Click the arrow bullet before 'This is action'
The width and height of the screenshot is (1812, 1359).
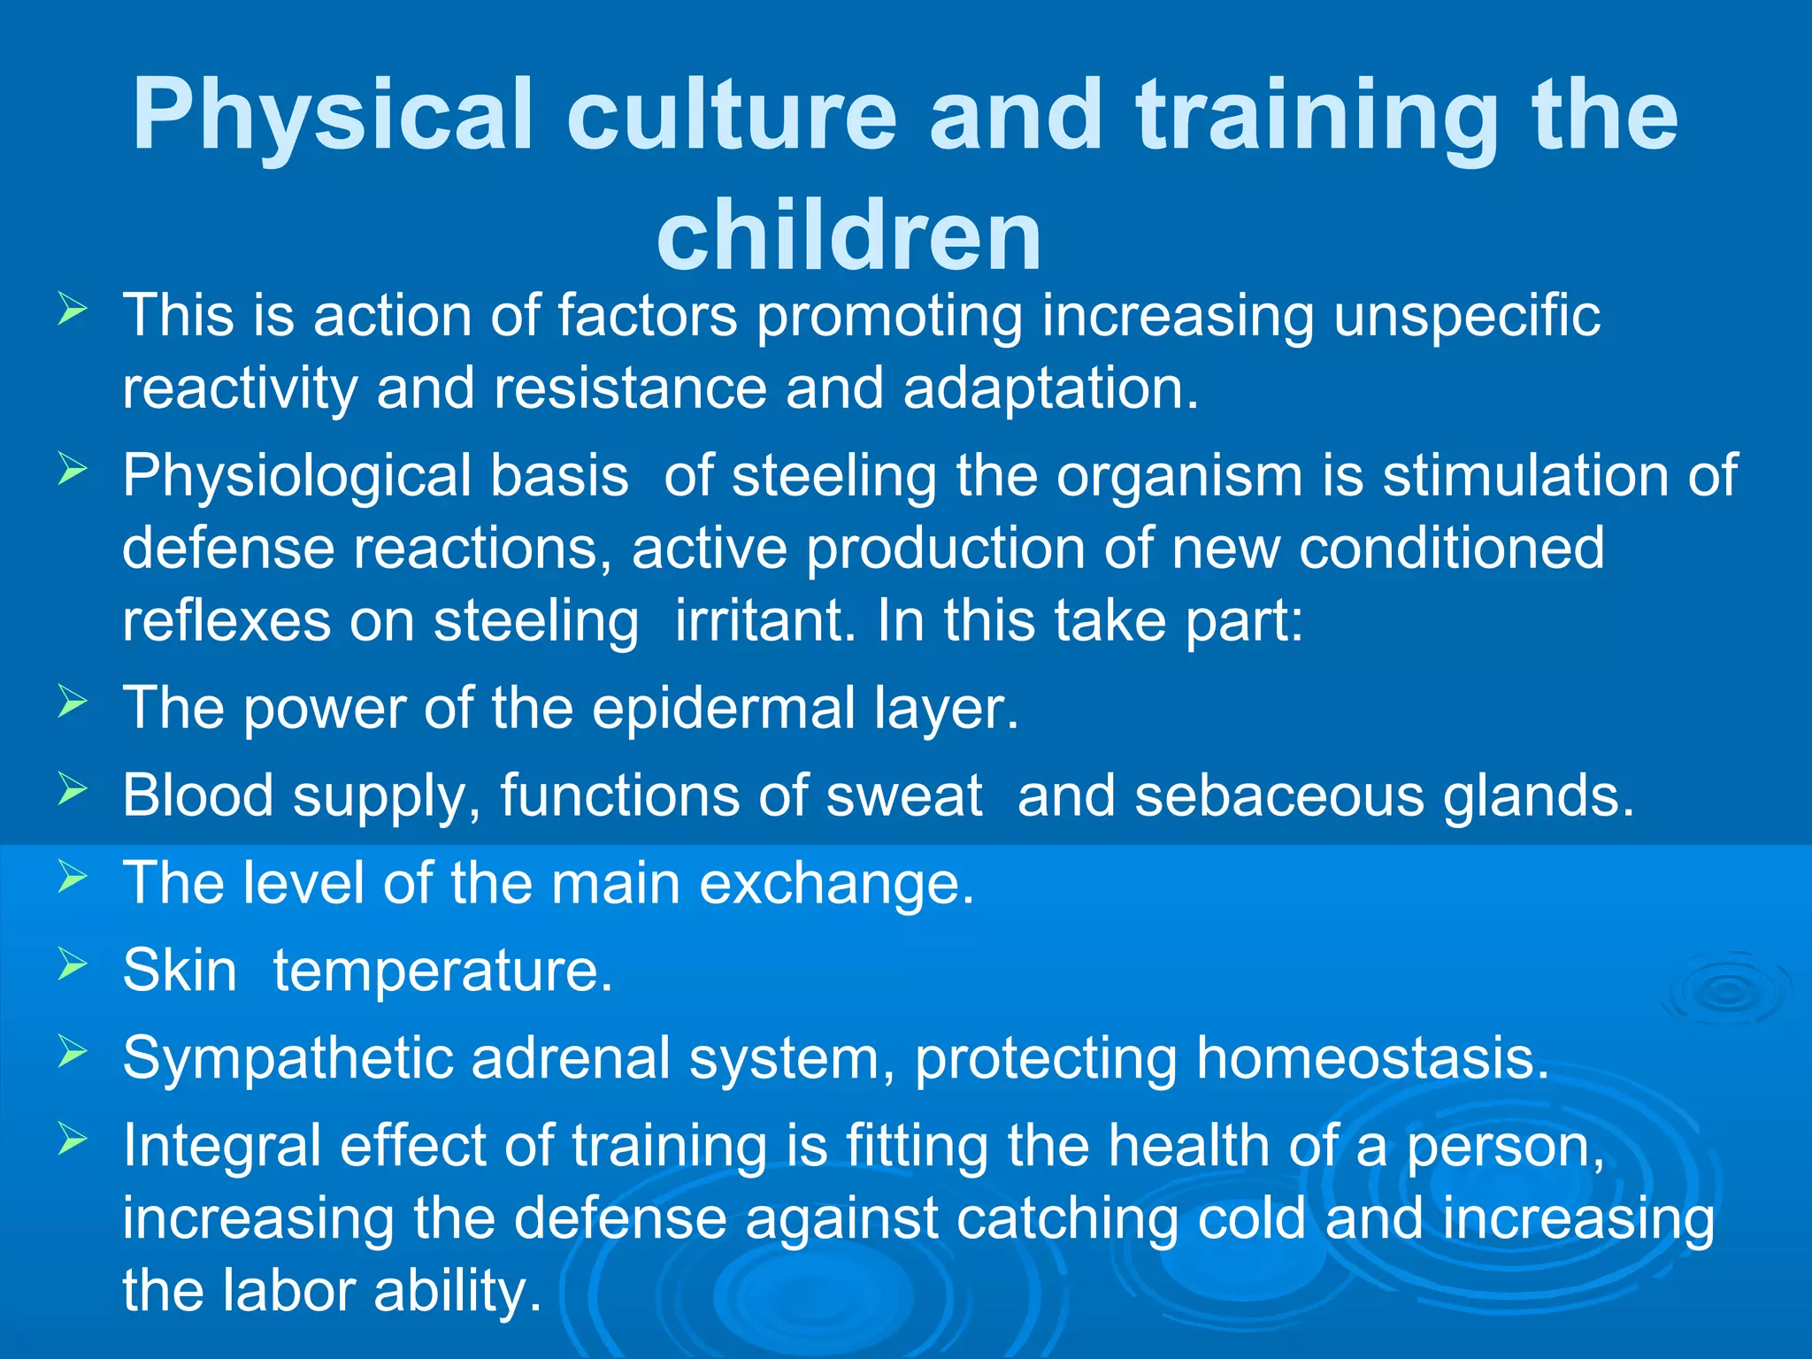point(73,311)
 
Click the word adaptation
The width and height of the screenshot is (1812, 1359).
point(1050,389)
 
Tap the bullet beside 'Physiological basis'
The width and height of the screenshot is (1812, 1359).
point(73,470)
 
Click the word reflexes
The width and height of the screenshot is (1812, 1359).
point(226,621)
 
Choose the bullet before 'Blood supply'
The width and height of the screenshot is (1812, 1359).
point(73,789)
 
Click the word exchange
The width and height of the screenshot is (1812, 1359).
point(836,884)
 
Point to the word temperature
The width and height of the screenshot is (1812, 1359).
point(442,971)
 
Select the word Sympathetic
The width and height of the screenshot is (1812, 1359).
point(287,1059)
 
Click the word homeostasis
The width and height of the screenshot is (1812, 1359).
point(1372,1059)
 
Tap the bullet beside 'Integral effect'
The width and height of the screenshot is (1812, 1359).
point(73,1140)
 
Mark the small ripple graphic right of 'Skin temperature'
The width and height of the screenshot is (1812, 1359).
point(1726,991)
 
